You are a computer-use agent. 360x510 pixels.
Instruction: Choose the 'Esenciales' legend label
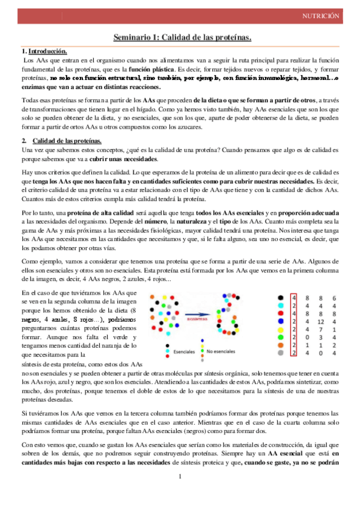pyautogui.click(x=185, y=350)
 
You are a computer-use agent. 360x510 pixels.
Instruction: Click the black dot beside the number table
pyautogui.click(x=281, y=298)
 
